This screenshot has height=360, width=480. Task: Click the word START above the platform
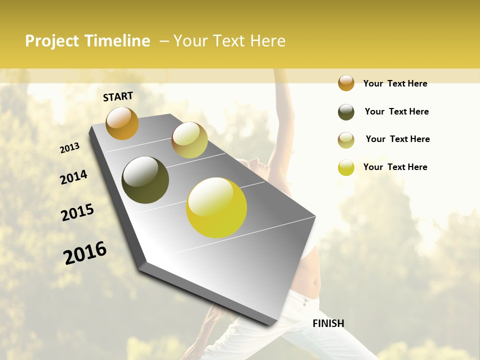(x=118, y=96)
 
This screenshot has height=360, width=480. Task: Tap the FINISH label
(x=328, y=323)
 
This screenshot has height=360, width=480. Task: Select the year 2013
(x=70, y=148)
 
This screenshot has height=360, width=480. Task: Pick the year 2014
(x=73, y=177)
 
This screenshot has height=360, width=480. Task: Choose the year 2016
(x=85, y=253)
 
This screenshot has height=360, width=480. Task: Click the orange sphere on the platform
(x=122, y=123)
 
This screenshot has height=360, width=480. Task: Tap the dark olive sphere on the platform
(x=145, y=180)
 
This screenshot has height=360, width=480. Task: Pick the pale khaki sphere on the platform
(x=189, y=140)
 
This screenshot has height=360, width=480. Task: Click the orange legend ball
(x=346, y=83)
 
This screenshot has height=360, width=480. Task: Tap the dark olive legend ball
(x=346, y=112)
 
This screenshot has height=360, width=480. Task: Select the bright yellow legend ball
(x=346, y=167)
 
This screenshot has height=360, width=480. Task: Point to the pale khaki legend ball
(x=346, y=140)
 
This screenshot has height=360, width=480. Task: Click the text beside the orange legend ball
(x=395, y=83)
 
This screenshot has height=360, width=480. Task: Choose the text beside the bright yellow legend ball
(x=395, y=167)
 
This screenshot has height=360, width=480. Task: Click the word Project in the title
(x=52, y=41)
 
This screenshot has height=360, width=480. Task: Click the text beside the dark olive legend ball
(x=396, y=111)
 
